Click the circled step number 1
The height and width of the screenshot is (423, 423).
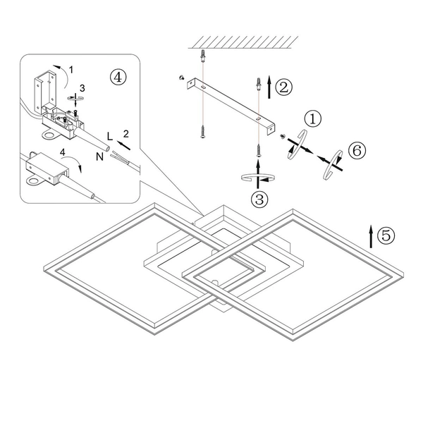coord(312,118)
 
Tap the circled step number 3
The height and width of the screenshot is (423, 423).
coord(261,199)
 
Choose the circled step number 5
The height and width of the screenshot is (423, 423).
coord(386,235)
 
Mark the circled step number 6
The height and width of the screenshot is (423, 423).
coord(357,149)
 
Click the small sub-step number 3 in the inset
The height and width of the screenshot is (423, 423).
coord(82,87)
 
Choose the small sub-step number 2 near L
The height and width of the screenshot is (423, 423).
coord(125,133)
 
